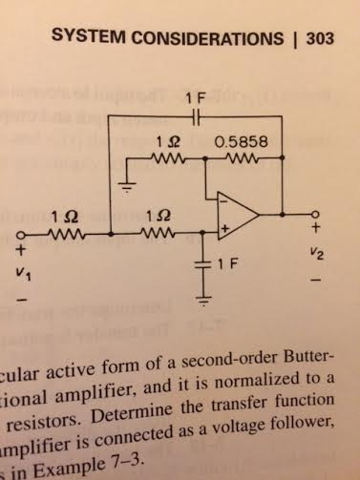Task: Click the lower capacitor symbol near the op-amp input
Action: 203,263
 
